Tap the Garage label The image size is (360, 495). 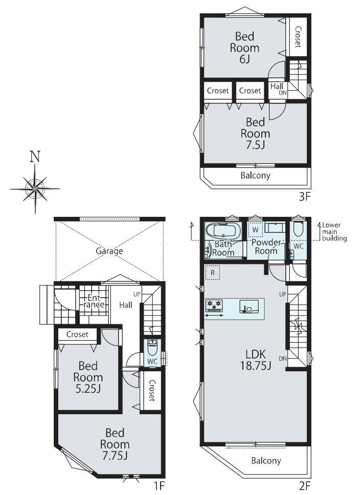pyautogui.click(x=109, y=251)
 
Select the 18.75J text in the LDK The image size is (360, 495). pyautogui.click(x=256, y=366)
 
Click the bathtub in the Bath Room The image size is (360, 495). pyautogui.click(x=223, y=231)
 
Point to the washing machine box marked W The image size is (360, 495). pyautogui.click(x=256, y=230)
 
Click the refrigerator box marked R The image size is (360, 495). pyautogui.click(x=213, y=273)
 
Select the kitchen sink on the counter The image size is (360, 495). pyautogui.click(x=249, y=306)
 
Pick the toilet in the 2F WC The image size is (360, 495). pyautogui.click(x=298, y=229)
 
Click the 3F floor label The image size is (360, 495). pyautogui.click(x=305, y=197)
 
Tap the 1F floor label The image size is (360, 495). pyautogui.click(x=159, y=485)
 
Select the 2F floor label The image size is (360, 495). pyautogui.click(x=305, y=485)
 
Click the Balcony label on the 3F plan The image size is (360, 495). pyautogui.click(x=256, y=175)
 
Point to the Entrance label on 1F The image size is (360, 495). pyautogui.click(x=94, y=301)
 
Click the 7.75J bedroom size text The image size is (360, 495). pyautogui.click(x=115, y=456)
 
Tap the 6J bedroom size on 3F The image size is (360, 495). pyautogui.click(x=245, y=59)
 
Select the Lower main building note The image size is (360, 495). pyautogui.click(x=334, y=232)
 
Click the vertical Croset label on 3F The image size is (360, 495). pyautogui.click(x=298, y=37)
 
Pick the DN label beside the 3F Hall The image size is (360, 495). pyautogui.click(x=283, y=93)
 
